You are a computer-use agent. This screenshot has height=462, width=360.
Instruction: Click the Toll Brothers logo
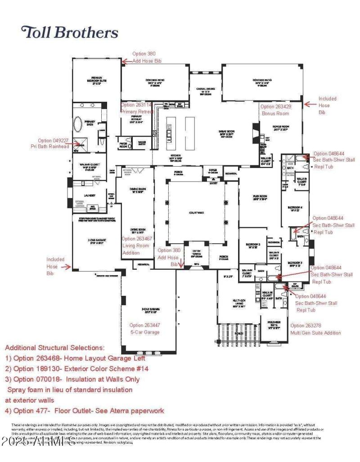pos(70,32)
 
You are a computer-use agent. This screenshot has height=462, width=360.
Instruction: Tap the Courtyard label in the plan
pos(197,212)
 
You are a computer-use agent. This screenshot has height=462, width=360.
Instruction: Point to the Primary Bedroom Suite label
pos(95,80)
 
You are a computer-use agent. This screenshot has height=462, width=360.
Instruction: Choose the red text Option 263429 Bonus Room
pos(275,110)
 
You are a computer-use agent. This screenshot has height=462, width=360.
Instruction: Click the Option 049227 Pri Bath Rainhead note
pos(54,144)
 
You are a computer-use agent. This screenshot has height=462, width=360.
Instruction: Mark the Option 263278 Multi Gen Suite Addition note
pos(315,329)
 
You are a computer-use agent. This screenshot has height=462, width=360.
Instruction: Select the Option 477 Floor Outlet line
pos(85,410)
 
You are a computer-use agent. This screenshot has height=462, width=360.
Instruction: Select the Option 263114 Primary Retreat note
pos(137,108)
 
